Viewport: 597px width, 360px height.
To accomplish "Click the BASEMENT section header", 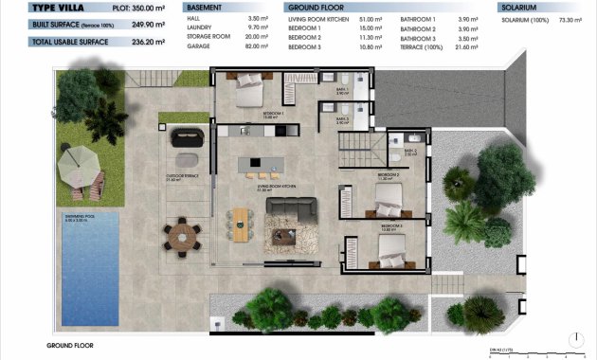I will point(203,7).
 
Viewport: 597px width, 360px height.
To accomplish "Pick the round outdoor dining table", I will point(181,231).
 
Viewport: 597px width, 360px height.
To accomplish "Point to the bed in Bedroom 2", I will point(389,202).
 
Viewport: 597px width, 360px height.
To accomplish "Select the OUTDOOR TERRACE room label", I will point(180,175).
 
